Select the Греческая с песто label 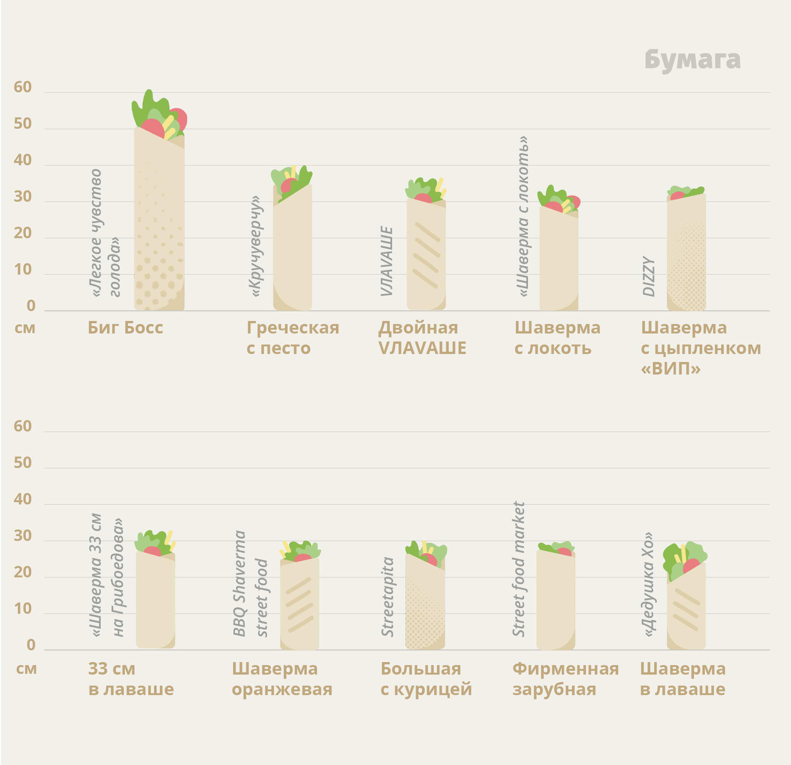[293, 338]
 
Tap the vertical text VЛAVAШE [386, 261]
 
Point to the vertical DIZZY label [649, 276]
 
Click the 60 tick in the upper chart [23, 87]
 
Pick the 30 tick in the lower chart [23, 536]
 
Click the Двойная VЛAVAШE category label [422, 338]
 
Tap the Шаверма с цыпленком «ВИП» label [701, 348]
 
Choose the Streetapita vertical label [388, 597]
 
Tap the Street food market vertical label [518, 569]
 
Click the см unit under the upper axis [25, 328]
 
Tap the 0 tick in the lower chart [31, 645]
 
